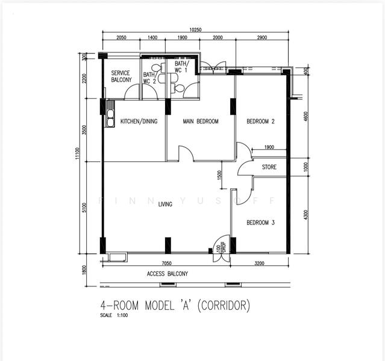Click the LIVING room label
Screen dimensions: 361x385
[165, 205]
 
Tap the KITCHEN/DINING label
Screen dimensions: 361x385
[139, 122]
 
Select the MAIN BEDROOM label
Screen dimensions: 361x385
[201, 122]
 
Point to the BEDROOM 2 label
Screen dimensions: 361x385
[260, 122]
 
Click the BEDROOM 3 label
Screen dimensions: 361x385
[260, 223]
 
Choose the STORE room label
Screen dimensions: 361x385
[269, 167]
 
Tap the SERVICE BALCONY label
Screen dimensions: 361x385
[121, 76]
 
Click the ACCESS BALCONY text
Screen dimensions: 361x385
[167, 274]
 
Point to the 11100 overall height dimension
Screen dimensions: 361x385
[77, 156]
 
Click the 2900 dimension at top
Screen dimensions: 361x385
[261, 37]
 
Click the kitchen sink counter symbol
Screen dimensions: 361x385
[110, 114]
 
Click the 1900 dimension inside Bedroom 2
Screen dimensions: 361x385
[269, 147]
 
